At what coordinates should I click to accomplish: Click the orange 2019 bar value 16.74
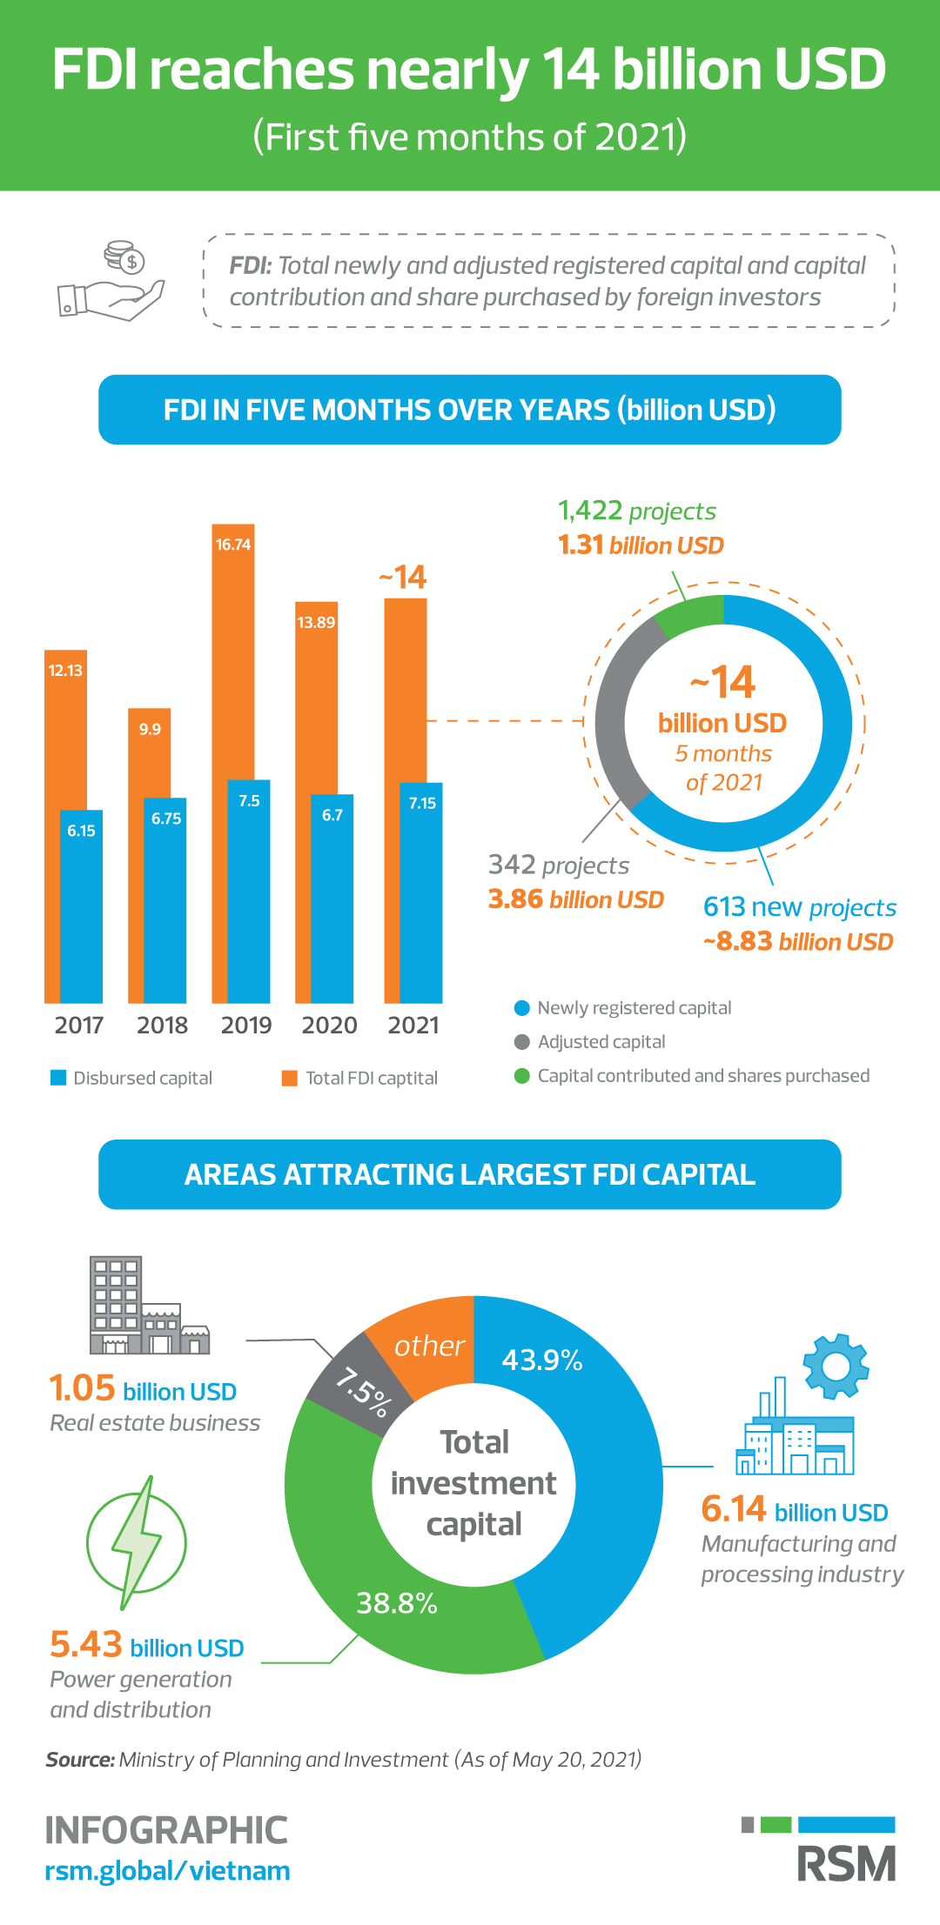233,545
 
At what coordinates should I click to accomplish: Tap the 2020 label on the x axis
329,1025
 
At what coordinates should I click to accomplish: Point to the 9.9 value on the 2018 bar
150,729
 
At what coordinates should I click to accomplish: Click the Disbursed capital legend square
58,1078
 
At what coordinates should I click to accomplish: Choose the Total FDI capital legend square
290,1078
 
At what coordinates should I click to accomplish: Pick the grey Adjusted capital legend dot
522,1042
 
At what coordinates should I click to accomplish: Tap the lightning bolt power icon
137,1542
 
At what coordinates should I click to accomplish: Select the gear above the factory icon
836,1366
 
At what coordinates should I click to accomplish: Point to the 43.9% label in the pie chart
541,1360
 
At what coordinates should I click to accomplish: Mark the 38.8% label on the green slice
397,1602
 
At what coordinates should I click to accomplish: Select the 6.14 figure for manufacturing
734,1509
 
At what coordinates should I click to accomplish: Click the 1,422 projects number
589,511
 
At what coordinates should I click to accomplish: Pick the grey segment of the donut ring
613,713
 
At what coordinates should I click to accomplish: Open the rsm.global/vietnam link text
167,1871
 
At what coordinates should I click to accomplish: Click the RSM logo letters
846,1864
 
